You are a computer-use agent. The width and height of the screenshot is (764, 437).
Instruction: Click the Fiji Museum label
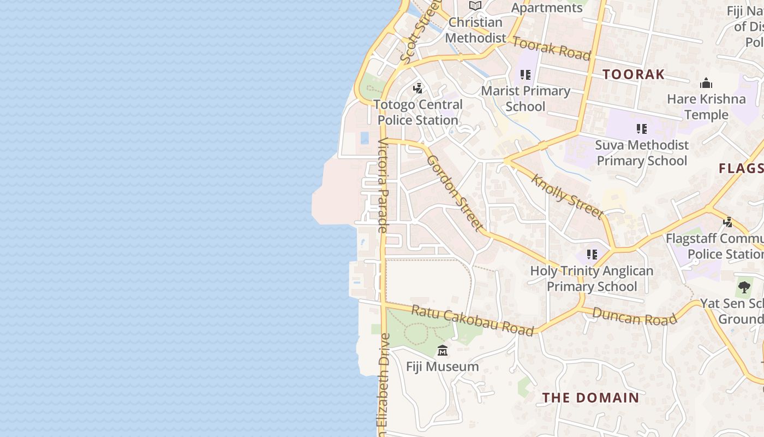coord(443,367)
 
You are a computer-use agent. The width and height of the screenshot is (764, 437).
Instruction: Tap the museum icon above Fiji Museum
coord(443,350)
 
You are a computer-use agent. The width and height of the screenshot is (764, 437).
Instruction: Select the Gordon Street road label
coord(455,193)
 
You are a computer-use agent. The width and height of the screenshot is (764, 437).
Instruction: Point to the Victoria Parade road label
coord(383,186)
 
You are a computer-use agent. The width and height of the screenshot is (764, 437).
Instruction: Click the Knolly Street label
coord(568,197)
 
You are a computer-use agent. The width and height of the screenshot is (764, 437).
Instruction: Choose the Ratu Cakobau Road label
coord(472,320)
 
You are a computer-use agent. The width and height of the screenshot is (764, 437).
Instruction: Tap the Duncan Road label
coord(634,316)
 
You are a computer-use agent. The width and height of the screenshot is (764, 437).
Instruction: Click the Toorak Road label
coord(552,49)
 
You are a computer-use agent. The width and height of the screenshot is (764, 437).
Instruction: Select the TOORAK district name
coord(634,74)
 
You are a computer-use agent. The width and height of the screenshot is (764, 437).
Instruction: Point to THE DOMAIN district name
coord(590,398)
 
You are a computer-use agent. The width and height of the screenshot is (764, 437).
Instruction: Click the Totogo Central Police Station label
coord(418,112)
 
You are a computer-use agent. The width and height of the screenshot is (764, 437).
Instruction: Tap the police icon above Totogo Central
coord(418,87)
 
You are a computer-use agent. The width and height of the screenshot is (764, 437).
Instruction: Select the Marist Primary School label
coord(526,98)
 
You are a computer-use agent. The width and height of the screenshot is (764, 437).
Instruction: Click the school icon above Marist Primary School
coord(526,75)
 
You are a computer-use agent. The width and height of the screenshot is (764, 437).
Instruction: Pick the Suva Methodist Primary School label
coord(642,153)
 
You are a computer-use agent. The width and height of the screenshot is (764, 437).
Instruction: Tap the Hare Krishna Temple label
coord(706,107)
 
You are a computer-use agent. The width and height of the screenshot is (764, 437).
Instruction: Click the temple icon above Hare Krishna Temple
coord(706,83)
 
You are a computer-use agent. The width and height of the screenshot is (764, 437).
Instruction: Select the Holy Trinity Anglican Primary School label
coord(592,279)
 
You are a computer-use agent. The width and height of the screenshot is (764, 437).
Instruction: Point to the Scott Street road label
coord(419,32)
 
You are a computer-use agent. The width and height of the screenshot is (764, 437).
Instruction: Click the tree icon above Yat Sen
coord(744,287)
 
